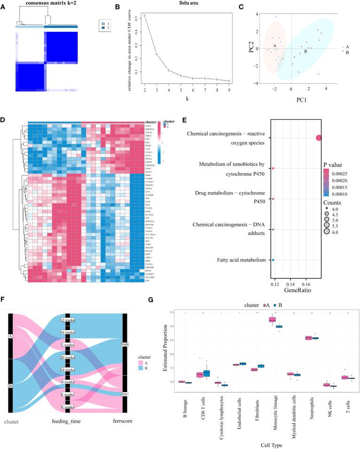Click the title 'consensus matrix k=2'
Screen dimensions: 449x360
(43, 4)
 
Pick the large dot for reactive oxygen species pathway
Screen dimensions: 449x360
(319, 138)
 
